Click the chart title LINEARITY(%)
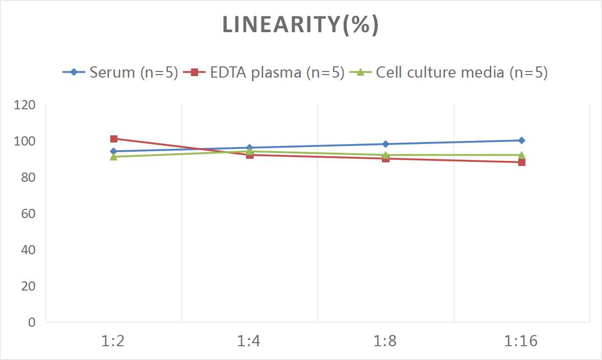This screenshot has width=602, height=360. pyautogui.click(x=300, y=26)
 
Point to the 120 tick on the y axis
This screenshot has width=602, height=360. pyautogui.click(x=26, y=105)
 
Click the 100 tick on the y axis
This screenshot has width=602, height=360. pyautogui.click(x=26, y=141)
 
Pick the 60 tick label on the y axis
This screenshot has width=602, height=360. pyautogui.click(x=28, y=213)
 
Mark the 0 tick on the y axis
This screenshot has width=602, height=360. pyautogui.click(x=32, y=322)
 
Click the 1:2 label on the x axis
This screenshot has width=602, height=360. pyautogui.click(x=114, y=341)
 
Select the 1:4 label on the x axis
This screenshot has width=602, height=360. pyautogui.click(x=250, y=341)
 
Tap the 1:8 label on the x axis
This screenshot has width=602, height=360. pyautogui.click(x=386, y=341)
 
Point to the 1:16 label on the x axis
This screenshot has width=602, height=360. pyautogui.click(x=521, y=341)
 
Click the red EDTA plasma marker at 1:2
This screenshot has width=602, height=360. pyautogui.click(x=114, y=139)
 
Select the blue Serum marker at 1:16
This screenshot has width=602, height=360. pyautogui.click(x=521, y=140)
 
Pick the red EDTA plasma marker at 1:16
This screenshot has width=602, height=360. pyautogui.click(x=521, y=162)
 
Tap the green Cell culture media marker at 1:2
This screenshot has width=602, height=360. pyautogui.click(x=114, y=157)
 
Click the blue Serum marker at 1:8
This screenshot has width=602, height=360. pyautogui.click(x=386, y=144)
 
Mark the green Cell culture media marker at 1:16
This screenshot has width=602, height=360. pyautogui.click(x=521, y=155)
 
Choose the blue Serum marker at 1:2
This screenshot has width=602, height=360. pyautogui.click(x=114, y=151)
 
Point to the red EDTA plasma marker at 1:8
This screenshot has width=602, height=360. pyautogui.click(x=386, y=159)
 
